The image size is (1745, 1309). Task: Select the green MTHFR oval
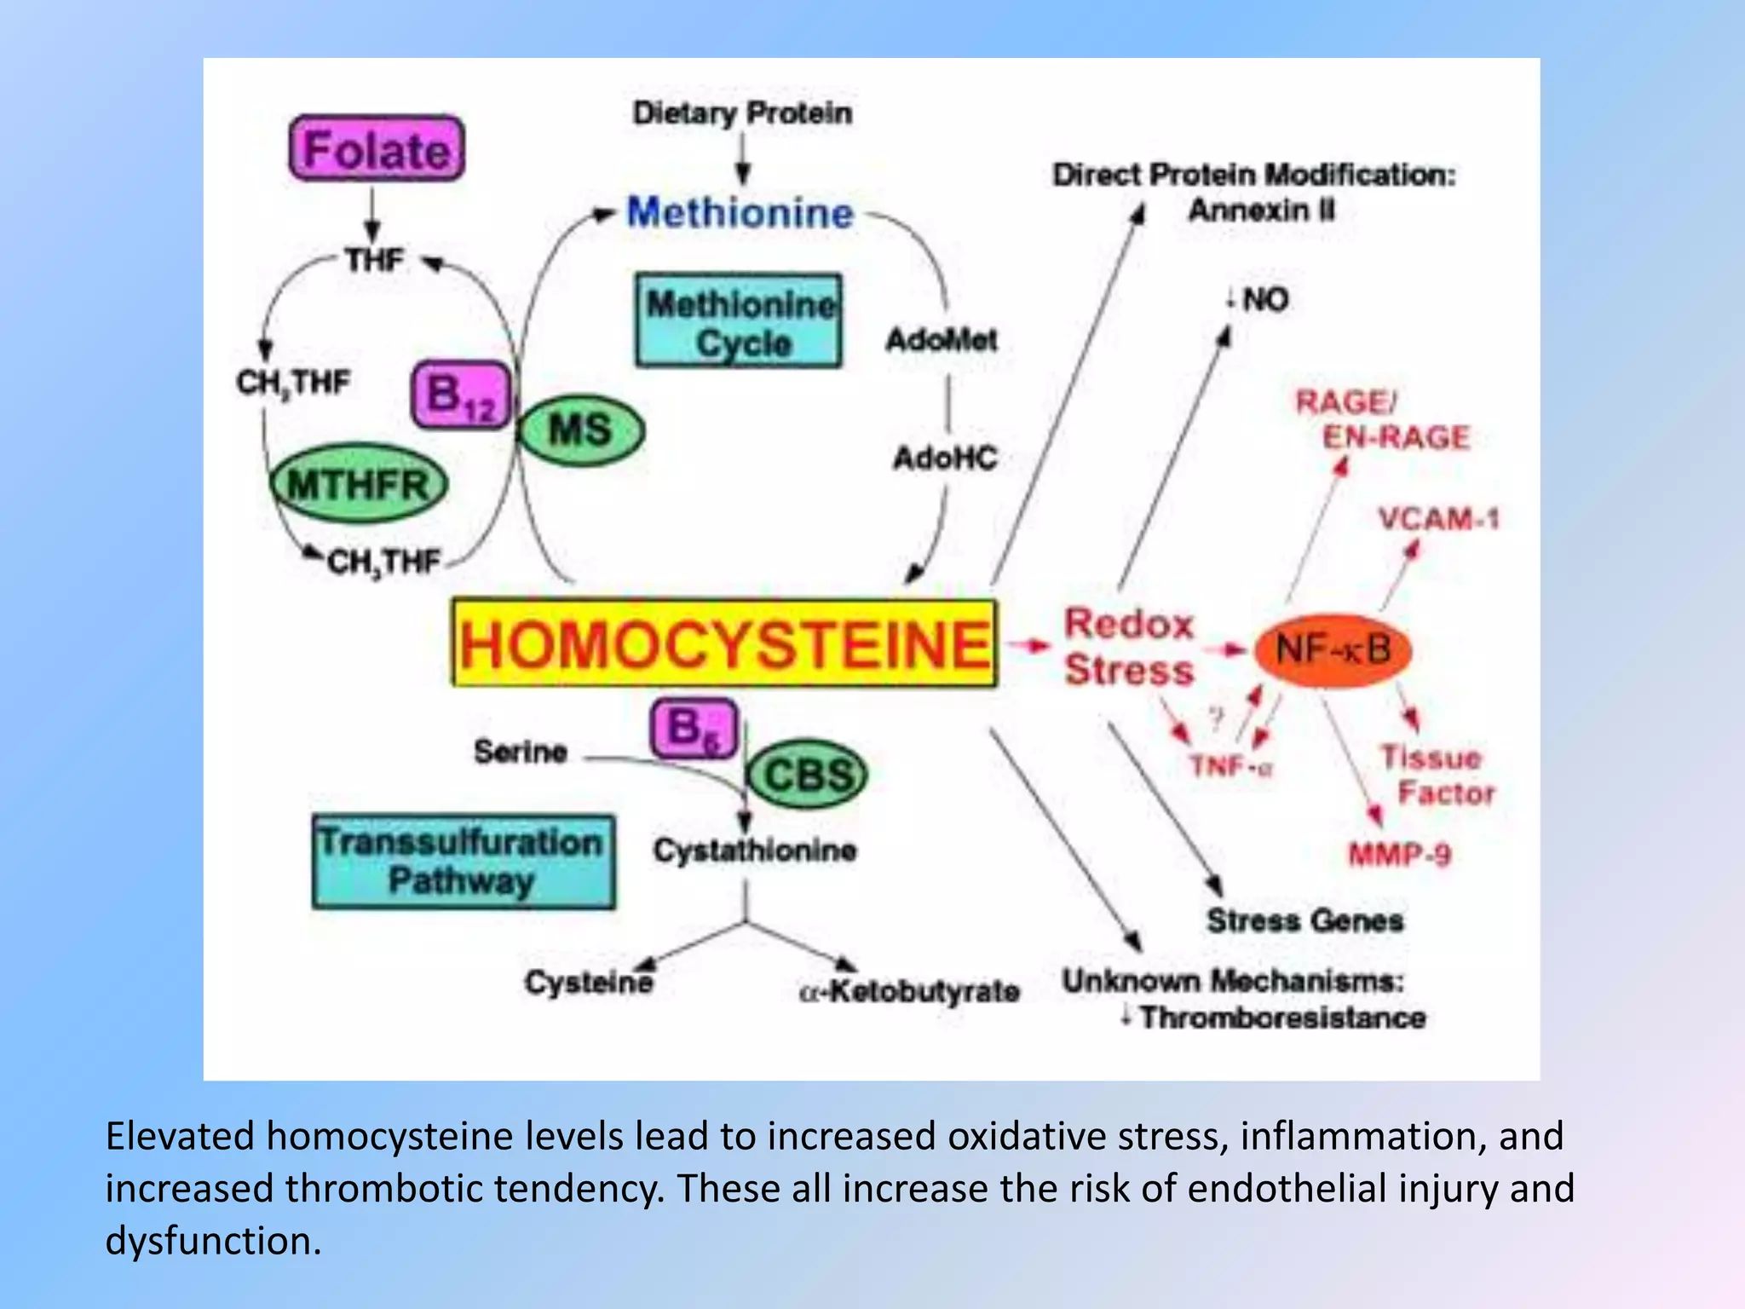point(359,484)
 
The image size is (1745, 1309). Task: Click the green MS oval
point(581,430)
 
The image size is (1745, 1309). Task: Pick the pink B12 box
point(461,395)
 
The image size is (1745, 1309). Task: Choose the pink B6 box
point(693,729)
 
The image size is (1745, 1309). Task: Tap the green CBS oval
point(807,775)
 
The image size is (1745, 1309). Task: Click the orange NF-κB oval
point(1333,651)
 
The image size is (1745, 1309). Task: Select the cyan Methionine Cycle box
point(739,322)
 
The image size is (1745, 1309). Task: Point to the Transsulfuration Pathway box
point(463,862)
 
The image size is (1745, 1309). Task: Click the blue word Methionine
point(740,212)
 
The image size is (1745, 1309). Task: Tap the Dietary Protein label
point(742,112)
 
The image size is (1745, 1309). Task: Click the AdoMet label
point(942,340)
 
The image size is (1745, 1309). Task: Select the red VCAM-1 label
point(1438,518)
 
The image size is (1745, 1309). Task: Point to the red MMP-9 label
point(1399,854)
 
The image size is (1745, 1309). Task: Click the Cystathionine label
point(755,850)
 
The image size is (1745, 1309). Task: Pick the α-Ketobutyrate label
point(909,991)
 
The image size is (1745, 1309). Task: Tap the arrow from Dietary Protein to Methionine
point(743,159)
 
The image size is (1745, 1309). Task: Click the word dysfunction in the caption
point(213,1241)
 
